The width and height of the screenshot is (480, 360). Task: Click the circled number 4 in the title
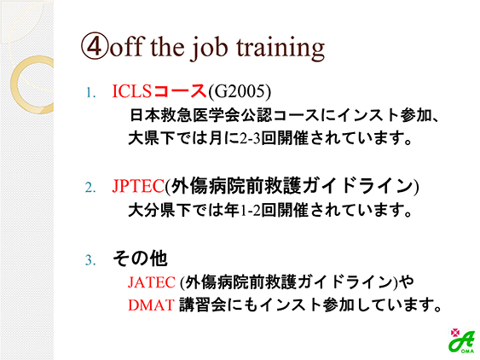click(x=95, y=46)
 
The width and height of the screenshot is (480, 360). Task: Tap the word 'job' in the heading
click(x=209, y=49)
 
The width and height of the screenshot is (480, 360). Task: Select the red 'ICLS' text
click(x=132, y=91)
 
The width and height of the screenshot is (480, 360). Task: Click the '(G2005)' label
click(x=240, y=91)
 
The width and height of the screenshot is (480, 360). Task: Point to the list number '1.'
click(x=90, y=93)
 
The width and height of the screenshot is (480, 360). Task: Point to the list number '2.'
click(x=90, y=187)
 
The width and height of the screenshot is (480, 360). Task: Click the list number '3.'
click(x=90, y=260)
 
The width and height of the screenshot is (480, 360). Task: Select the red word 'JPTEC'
click(x=138, y=186)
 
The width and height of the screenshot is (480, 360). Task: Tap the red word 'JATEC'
click(x=152, y=282)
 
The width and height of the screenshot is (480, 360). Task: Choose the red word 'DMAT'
click(x=151, y=305)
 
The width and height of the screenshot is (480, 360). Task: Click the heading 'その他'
click(x=140, y=258)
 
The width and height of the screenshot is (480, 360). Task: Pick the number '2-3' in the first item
click(x=250, y=138)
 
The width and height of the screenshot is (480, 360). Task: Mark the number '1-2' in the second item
click(x=250, y=211)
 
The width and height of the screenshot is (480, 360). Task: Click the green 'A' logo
click(x=461, y=341)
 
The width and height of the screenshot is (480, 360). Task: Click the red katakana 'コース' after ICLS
click(x=179, y=91)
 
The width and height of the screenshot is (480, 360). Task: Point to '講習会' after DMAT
click(x=202, y=305)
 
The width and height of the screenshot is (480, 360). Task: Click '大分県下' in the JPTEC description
click(x=159, y=211)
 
